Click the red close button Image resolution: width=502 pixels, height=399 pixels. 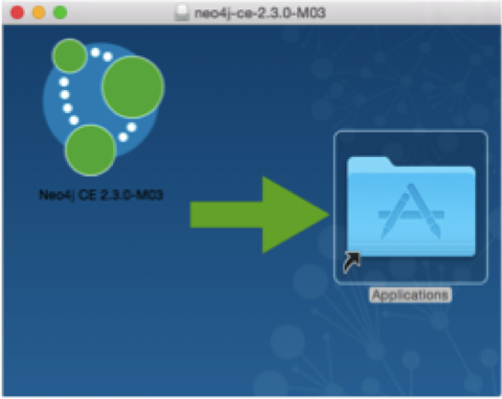(x=17, y=13)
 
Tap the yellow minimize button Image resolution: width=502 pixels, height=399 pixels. (x=39, y=13)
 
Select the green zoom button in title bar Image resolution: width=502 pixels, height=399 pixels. (x=60, y=13)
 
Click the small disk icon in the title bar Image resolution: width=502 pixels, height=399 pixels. (x=181, y=13)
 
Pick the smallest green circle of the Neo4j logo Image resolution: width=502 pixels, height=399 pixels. (x=70, y=56)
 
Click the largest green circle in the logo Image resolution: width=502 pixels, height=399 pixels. (x=132, y=86)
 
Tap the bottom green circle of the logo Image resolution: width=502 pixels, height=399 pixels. (x=91, y=150)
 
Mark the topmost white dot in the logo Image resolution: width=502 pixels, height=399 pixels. (x=96, y=52)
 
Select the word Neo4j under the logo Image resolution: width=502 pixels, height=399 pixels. (x=56, y=195)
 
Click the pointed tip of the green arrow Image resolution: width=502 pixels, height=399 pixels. (x=328, y=215)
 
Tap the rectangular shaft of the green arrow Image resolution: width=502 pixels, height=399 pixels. (x=226, y=215)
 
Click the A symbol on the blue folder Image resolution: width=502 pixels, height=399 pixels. (x=411, y=211)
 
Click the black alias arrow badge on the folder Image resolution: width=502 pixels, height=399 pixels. (x=351, y=262)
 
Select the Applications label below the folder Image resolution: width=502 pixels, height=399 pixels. (x=410, y=295)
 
